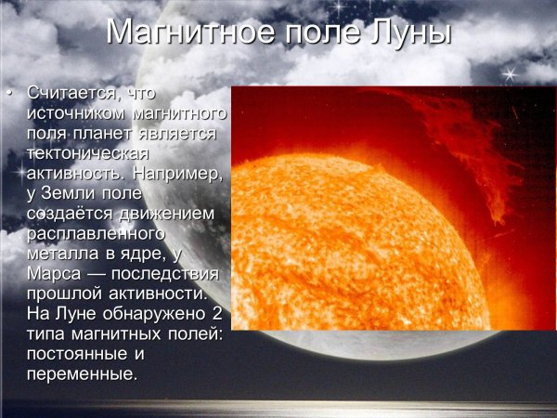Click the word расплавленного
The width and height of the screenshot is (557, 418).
pyautogui.click(x=96, y=233)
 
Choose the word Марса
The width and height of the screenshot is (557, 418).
pyautogui.click(x=56, y=274)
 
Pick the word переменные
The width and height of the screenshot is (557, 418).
pyautogui.click(x=82, y=373)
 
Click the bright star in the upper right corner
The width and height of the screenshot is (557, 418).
pyautogui.click(x=507, y=73)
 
